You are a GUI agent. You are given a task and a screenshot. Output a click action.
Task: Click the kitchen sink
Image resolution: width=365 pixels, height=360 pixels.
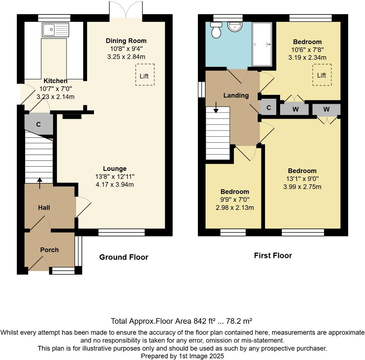click(x=55, y=30)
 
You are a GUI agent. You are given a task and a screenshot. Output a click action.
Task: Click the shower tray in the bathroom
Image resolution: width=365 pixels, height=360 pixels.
click(x=262, y=44)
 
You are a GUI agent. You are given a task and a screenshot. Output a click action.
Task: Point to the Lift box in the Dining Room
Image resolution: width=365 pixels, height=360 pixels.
click(x=145, y=75)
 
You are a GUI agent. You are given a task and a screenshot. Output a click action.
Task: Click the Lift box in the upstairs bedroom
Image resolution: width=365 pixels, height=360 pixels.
click(x=322, y=75)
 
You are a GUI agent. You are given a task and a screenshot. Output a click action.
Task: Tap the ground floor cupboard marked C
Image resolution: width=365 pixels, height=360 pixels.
click(x=39, y=124)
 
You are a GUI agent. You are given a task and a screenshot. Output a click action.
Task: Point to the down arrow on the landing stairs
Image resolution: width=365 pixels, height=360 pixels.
click(x=216, y=107)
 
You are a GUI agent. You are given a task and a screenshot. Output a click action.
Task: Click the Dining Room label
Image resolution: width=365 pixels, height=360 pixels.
click(x=126, y=41)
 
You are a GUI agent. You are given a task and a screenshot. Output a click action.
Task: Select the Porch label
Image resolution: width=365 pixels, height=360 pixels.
click(x=49, y=250)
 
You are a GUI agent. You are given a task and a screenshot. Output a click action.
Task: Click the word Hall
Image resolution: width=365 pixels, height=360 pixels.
click(x=44, y=208)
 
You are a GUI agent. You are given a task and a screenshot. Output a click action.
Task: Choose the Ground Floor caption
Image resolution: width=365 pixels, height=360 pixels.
click(x=123, y=257)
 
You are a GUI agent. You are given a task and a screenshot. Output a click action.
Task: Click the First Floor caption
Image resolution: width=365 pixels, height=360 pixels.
click(x=273, y=256)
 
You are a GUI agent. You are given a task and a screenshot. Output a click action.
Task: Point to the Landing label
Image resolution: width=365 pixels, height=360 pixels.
click(x=236, y=95)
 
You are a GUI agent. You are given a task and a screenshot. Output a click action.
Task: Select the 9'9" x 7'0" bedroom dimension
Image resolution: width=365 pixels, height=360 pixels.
click(x=234, y=200)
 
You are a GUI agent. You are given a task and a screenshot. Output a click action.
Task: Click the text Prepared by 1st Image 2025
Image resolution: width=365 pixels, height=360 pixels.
click(x=182, y=356)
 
